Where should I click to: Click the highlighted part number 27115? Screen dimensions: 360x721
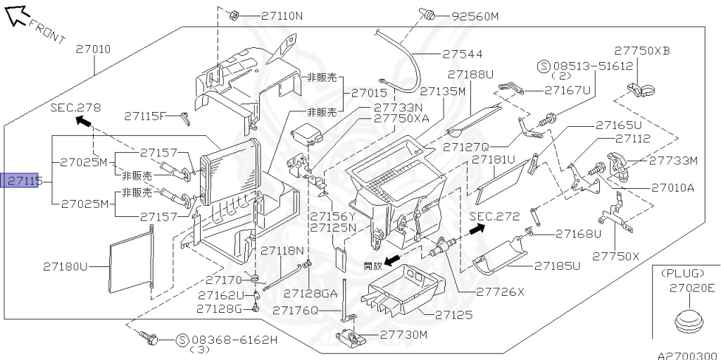tap(24, 182)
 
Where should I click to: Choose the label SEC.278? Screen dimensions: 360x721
tap(75, 108)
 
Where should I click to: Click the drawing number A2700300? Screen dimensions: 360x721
tap(687, 355)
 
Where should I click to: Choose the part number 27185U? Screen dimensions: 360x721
tap(557, 266)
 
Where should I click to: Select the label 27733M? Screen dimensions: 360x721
tap(673, 161)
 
